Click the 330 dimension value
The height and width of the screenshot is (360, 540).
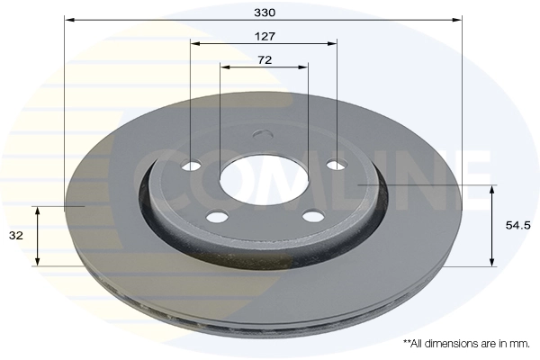pyautogui.click(x=264, y=13)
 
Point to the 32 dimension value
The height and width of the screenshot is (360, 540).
pyautogui.click(x=15, y=236)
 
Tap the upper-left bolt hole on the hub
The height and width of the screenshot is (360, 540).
pyautogui.click(x=192, y=166)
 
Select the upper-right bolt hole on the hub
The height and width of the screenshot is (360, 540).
pyautogui.click(x=336, y=165)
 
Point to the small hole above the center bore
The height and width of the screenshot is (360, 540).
pyautogui.click(x=264, y=136)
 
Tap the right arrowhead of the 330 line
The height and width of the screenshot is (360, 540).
pyautogui.click(x=458, y=20)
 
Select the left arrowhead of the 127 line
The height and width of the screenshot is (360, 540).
pyautogui.click(x=194, y=42)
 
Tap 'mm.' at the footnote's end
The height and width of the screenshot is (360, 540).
pyautogui.click(x=521, y=344)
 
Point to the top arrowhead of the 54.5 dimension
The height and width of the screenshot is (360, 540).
pyautogui.click(x=492, y=188)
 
